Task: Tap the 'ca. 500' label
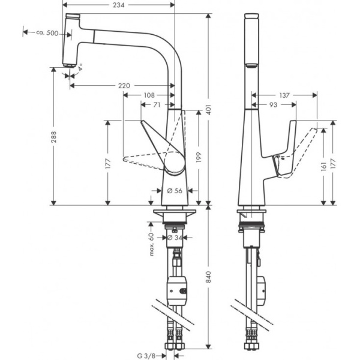[x=46, y=33]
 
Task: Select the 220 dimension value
[x=124, y=86]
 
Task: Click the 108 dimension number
[x=149, y=95]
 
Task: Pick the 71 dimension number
[x=156, y=104]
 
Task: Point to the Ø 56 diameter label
[x=175, y=191]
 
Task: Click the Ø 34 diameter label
[x=175, y=238]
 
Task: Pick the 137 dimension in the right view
[x=284, y=95]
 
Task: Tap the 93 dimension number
[x=274, y=104]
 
